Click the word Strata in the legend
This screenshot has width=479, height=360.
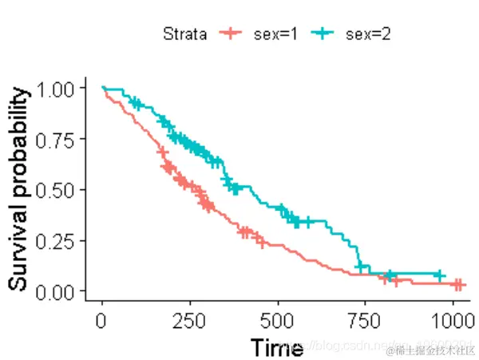(x=184, y=34)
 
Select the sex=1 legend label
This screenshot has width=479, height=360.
(x=276, y=34)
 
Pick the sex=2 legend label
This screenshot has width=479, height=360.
(x=368, y=34)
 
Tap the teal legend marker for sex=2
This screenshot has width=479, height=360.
(x=323, y=34)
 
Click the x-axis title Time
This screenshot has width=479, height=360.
(x=276, y=348)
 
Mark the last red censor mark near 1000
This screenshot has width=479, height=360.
(x=458, y=284)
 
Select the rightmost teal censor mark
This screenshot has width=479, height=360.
(x=438, y=275)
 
